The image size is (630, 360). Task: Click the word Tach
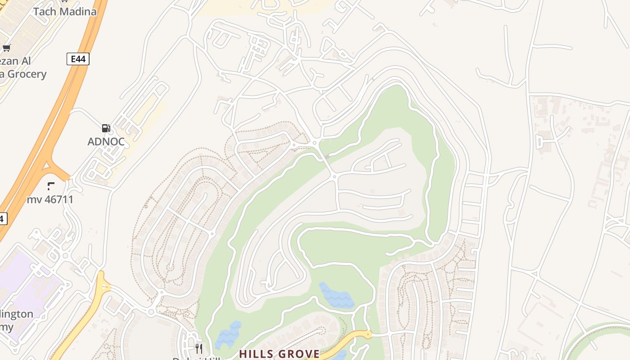click(x=44, y=11)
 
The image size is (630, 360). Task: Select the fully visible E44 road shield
click(x=78, y=58)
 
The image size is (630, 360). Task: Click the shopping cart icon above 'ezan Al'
click(x=6, y=48)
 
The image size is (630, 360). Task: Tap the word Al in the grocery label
click(x=25, y=61)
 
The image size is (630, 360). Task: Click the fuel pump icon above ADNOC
click(x=106, y=128)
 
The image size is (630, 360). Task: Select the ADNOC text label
click(x=106, y=142)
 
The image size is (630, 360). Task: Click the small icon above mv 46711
click(x=50, y=186)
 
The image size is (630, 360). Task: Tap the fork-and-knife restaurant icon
click(x=198, y=348)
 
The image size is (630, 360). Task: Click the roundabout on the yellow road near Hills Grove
click(x=369, y=334)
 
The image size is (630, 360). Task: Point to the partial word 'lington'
click(x=17, y=314)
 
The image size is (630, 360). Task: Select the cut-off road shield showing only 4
click(x=2, y=219)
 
